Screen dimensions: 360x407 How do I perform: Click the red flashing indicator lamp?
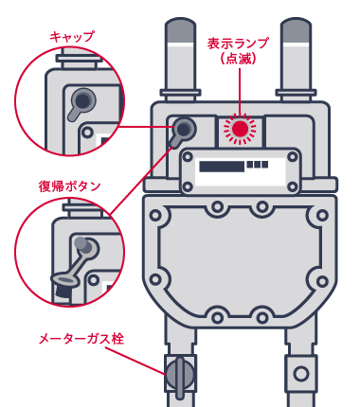240,128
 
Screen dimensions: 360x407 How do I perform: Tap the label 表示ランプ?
238,44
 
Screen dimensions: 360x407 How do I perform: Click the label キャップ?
72,37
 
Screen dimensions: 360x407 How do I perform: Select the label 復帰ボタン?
69,186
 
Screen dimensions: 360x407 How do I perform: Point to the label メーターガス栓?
81,338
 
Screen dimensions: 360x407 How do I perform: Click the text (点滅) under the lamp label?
238,59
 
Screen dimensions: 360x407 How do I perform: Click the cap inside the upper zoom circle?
83,98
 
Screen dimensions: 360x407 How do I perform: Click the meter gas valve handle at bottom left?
180,376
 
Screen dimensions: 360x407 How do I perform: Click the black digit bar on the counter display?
222,166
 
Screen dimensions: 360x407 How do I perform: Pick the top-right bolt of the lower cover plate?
322,215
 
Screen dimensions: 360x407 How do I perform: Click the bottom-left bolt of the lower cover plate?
156,280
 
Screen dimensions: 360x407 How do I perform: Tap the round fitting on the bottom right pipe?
301,374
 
